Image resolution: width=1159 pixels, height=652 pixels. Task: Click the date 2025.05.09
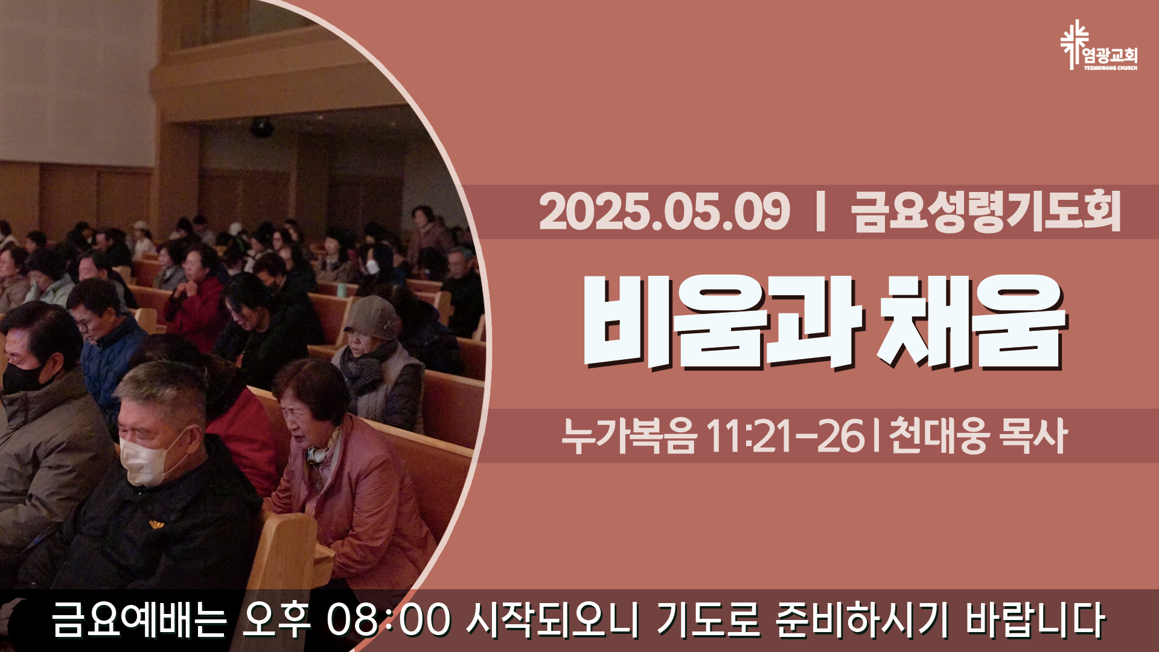(665, 211)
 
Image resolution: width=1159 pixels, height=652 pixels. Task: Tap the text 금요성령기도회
(986, 211)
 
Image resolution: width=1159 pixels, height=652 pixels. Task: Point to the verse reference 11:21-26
(785, 436)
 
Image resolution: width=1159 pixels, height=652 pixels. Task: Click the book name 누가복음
(629, 436)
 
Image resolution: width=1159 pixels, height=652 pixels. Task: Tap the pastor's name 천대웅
(939, 436)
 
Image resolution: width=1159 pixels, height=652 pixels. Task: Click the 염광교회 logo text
(1111, 56)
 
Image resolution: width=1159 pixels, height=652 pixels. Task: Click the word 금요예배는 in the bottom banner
(139, 620)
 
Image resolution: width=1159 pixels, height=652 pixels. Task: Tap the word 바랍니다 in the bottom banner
(1036, 620)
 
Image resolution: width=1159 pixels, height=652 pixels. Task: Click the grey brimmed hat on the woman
(373, 319)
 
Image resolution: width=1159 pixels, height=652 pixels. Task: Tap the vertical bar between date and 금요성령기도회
(820, 211)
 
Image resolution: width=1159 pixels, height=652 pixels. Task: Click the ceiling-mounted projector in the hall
(261, 127)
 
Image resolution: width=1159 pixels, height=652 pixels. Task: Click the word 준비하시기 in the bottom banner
(854, 620)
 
